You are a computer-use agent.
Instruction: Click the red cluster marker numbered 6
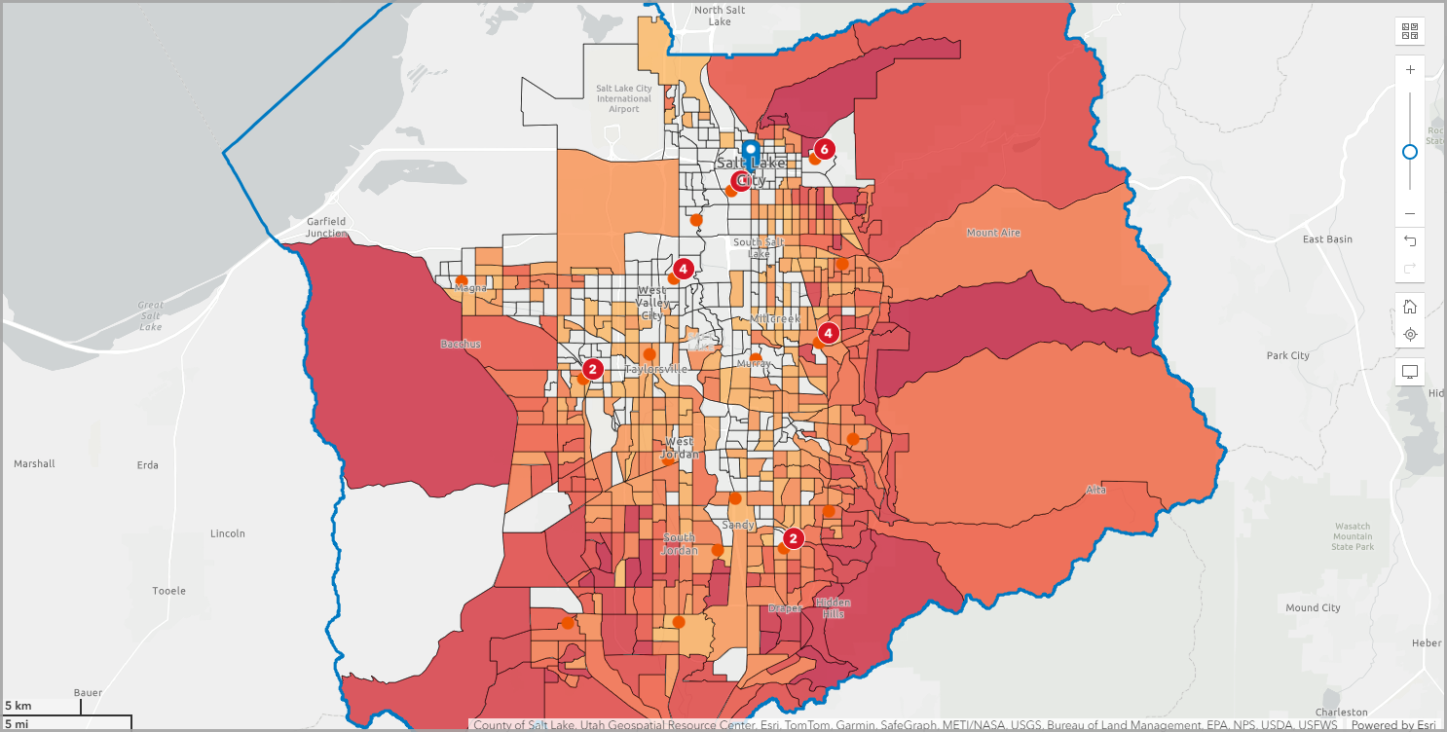(824, 149)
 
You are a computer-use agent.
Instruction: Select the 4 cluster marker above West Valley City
(683, 268)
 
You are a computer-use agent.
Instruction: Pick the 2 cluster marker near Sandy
(793, 538)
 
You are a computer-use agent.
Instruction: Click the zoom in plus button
(1410, 70)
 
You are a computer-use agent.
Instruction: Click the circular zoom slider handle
(1410, 152)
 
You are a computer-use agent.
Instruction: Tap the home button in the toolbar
(1410, 307)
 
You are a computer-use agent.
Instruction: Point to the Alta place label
(1096, 490)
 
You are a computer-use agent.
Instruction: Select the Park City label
(1287, 356)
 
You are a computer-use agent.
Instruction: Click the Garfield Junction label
(325, 227)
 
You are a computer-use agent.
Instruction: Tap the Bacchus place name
(462, 344)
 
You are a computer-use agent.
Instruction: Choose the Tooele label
(168, 591)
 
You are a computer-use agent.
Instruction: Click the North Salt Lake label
(720, 16)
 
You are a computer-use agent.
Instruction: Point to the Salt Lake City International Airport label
(624, 98)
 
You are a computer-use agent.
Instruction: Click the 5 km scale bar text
(19, 705)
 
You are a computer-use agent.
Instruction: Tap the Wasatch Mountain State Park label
(1353, 537)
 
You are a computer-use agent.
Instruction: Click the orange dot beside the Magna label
(461, 280)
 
